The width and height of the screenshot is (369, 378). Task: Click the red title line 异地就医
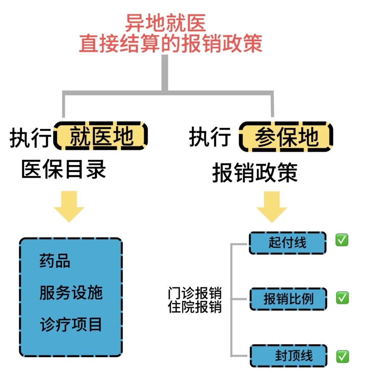pos(165,23)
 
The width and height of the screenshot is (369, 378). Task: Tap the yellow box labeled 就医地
pos(101,136)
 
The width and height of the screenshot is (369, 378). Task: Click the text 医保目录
pos(64,169)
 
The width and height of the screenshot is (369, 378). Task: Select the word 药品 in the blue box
pos(55,261)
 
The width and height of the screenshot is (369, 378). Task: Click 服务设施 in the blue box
pos(71,293)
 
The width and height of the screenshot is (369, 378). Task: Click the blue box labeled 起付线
pos(287,243)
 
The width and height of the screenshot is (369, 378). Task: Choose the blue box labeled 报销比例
pos(288,299)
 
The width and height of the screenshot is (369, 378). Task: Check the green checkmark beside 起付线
pos(342,240)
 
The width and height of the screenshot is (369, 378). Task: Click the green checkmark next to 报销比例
pos(342,298)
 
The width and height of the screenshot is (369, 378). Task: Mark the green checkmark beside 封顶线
pos(342,356)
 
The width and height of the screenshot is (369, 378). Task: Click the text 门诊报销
pos(195,294)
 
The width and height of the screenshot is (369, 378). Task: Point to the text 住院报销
pos(195,307)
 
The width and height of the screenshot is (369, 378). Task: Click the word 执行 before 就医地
pos(30,138)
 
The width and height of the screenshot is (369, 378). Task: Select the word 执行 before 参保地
pos(210,137)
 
